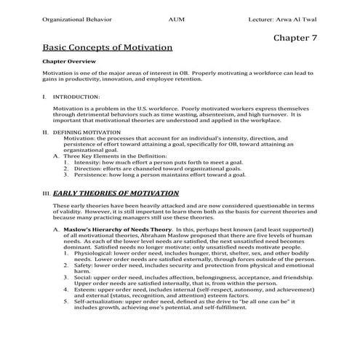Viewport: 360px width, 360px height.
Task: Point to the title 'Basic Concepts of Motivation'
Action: tap(108, 48)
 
